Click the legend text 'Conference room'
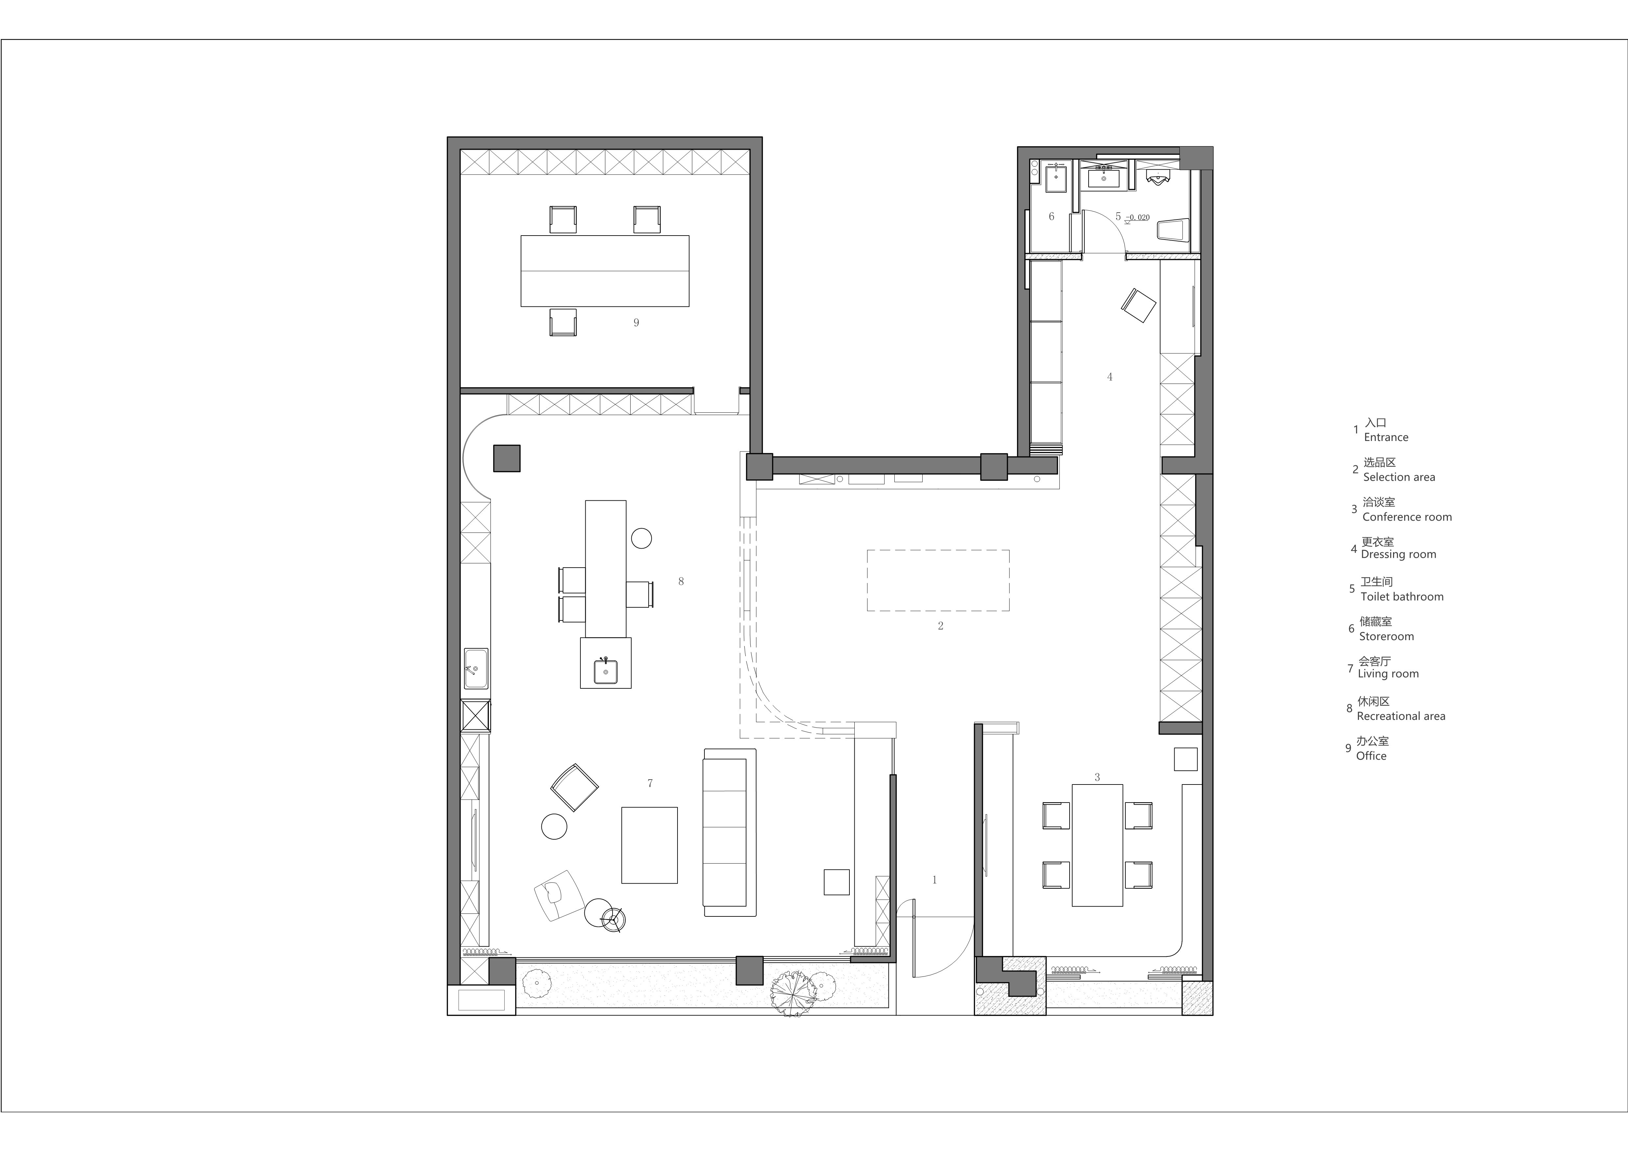tap(1407, 517)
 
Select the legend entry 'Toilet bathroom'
tap(1402, 596)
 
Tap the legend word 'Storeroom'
tap(1386, 636)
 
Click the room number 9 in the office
tap(636, 323)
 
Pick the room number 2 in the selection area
tap(940, 625)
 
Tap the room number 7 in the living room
tap(650, 783)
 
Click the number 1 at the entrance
tap(934, 879)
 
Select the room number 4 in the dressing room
tap(1110, 377)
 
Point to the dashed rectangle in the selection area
tap(938, 580)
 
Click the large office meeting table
tap(605, 271)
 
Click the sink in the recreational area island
tap(606, 671)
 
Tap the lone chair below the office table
tap(563, 322)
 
